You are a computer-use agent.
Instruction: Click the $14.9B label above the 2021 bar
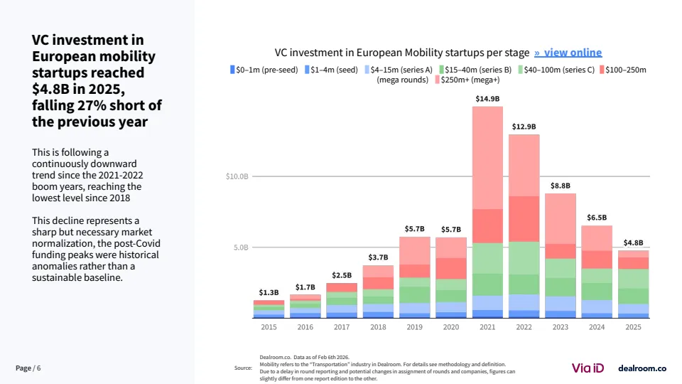point(487,99)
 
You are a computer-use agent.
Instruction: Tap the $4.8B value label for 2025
point(633,242)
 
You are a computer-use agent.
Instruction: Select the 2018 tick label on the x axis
point(378,327)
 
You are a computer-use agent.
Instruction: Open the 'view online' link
point(568,53)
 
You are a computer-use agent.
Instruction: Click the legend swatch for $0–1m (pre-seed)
point(232,70)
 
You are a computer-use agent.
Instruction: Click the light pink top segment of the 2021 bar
point(487,156)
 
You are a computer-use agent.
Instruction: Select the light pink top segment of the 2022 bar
point(524,164)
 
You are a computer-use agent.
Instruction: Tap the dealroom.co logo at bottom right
point(642,368)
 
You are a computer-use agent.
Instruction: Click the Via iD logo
point(588,368)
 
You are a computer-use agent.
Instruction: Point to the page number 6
point(39,368)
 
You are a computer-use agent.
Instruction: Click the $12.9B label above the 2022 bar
point(524,127)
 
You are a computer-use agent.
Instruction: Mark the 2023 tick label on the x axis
point(560,327)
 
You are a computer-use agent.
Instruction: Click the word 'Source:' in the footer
point(243,368)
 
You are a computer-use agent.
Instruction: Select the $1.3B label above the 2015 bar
point(269,292)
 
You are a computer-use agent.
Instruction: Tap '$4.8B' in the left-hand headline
point(52,89)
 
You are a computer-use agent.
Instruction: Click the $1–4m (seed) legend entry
point(331,70)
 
